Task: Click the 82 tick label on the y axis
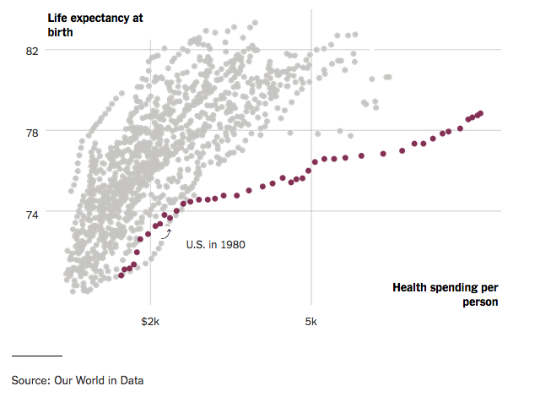(x=33, y=51)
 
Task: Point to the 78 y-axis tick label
(x=33, y=132)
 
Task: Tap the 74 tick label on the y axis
(x=33, y=213)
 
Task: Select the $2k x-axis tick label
(x=151, y=322)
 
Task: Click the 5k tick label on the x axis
(x=311, y=322)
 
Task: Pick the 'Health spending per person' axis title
(x=446, y=294)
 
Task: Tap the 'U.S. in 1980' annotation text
(x=215, y=244)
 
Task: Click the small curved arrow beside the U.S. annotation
(x=166, y=232)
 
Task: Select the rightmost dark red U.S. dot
(x=480, y=113)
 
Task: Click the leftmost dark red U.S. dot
(x=121, y=275)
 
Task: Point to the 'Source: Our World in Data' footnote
(x=77, y=380)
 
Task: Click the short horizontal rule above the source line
(x=36, y=356)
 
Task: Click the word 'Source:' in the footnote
(x=30, y=380)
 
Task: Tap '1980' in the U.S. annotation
(x=232, y=244)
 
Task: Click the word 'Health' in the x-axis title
(x=411, y=287)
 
